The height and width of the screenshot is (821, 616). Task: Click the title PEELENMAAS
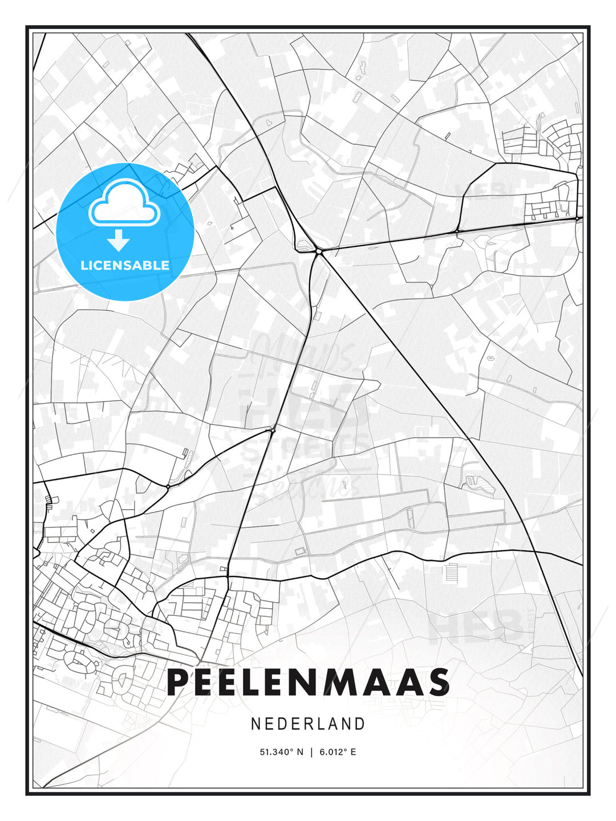point(308,682)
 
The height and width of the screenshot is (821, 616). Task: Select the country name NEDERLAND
point(308,724)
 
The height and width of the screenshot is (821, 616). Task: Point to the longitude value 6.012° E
point(338,752)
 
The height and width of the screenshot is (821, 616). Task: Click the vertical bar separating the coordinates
point(311,752)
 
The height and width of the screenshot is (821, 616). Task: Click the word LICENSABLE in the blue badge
point(125,265)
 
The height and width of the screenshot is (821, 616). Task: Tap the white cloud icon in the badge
point(123,202)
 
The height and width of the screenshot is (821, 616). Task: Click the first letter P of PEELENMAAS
point(179,682)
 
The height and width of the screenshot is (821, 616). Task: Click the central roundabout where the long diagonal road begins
point(318,250)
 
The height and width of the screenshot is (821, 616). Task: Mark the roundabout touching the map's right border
point(577,218)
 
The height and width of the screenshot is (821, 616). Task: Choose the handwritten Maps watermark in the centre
point(302,353)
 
